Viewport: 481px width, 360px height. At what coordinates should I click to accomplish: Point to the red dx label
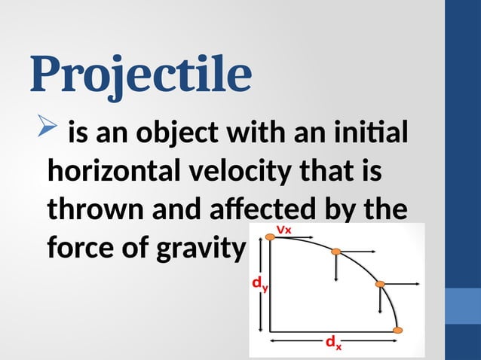tap(332, 344)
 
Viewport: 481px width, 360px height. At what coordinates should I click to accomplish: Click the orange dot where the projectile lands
tap(399, 330)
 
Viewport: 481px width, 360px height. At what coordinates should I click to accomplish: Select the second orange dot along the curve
tap(337, 252)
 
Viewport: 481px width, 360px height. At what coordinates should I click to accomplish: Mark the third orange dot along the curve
tap(380, 284)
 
